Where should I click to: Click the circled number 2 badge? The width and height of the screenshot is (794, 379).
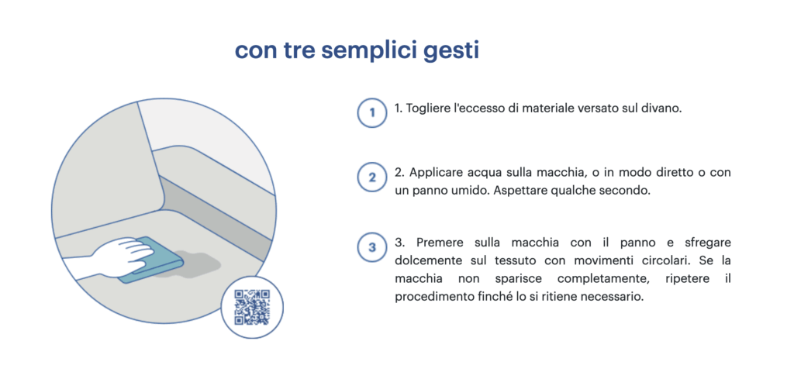click(x=372, y=177)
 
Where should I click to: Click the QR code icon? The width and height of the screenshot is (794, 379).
click(x=252, y=307)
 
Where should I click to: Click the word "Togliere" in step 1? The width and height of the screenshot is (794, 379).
click(x=430, y=109)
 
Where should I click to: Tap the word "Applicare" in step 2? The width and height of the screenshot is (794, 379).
click(x=433, y=172)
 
